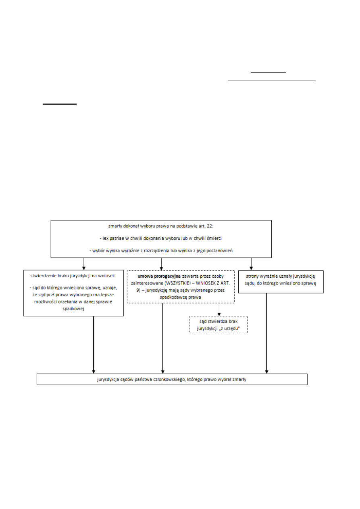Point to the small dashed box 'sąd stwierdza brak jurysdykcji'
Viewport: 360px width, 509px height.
[218, 325]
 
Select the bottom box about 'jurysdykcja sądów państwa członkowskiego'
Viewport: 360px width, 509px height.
[172, 379]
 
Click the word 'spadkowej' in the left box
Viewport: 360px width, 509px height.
[73, 308]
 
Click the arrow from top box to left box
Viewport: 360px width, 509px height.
[83, 264]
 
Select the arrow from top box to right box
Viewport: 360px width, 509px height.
[251, 264]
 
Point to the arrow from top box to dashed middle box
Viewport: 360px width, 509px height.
[161, 264]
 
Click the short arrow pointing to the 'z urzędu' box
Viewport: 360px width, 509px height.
[219, 309]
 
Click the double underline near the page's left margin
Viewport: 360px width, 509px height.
[60, 104]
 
